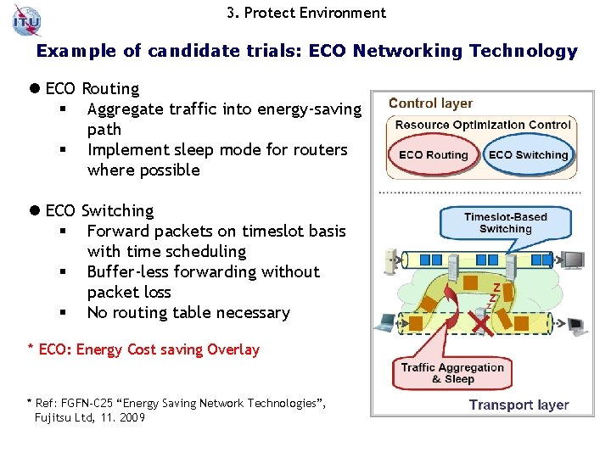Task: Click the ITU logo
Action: click(26, 19)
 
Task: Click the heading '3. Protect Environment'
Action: click(306, 13)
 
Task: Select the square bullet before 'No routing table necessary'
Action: click(63, 313)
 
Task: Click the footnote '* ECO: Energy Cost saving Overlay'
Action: click(143, 349)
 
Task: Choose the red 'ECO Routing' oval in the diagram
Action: click(434, 155)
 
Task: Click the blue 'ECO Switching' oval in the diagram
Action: click(528, 155)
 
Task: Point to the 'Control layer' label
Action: click(430, 103)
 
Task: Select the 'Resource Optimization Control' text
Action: click(483, 125)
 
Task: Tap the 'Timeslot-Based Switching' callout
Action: click(505, 222)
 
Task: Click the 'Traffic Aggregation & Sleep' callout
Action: click(452, 372)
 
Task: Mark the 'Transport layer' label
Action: click(519, 405)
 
